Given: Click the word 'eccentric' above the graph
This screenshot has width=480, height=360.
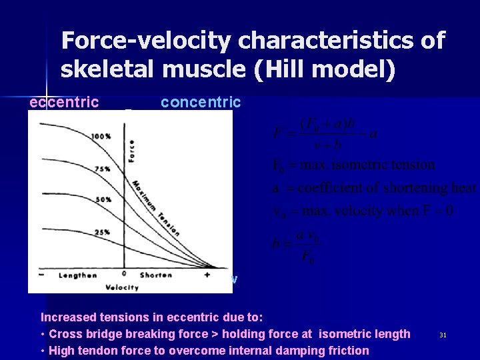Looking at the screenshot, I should coord(64,102).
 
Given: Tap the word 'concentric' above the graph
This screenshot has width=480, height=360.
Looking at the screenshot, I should coord(201,102).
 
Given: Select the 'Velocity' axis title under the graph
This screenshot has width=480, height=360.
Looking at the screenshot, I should coord(121,287).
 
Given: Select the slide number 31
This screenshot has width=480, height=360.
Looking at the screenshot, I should coord(443,335).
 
